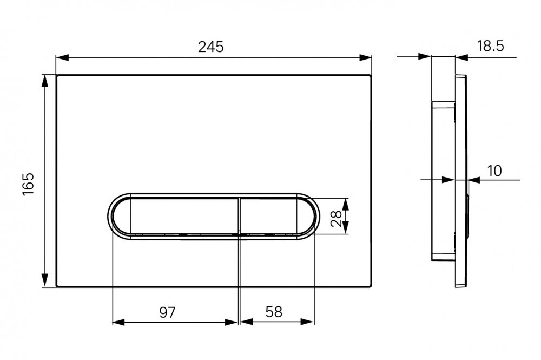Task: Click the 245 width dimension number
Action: (x=211, y=47)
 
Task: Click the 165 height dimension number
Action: (x=28, y=184)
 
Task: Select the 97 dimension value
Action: (x=167, y=312)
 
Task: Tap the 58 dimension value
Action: (x=274, y=312)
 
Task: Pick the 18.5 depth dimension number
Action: (x=491, y=45)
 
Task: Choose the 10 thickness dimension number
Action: (x=494, y=171)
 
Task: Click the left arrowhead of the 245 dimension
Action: (x=62, y=57)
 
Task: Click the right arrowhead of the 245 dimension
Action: (x=365, y=57)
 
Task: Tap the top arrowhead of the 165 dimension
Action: (x=44, y=81)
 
